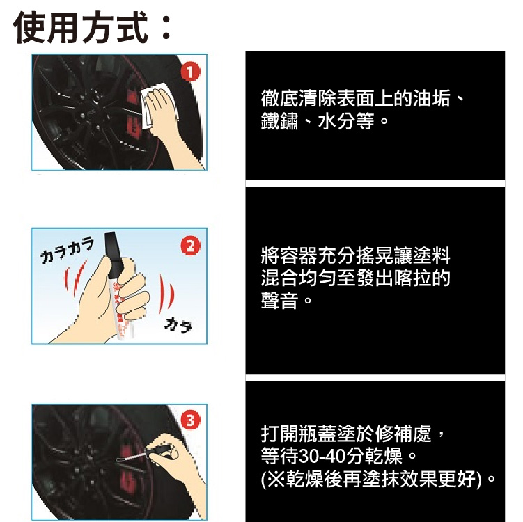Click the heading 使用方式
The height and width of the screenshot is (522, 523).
81,27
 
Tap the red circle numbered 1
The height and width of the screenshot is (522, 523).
190,72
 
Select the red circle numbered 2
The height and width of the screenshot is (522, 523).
190,246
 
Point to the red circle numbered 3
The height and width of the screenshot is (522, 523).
190,420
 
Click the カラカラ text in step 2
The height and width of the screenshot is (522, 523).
67,251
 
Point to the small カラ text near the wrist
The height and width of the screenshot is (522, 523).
178,325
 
